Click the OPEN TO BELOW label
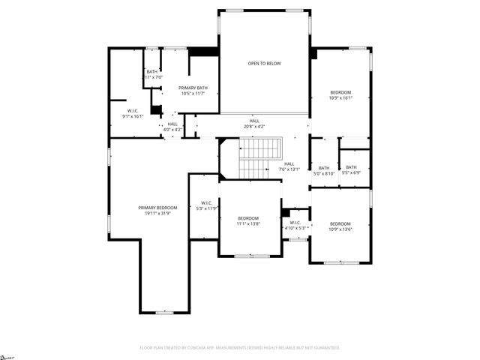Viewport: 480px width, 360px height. (264, 64)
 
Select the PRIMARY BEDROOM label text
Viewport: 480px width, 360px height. (157, 208)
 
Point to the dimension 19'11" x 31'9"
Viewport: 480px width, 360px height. (157, 214)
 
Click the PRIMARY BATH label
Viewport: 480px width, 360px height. (192, 88)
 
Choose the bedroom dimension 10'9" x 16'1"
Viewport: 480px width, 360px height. (340, 98)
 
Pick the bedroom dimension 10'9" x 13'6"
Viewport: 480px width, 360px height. (340, 229)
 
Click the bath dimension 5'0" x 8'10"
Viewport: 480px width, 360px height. (324, 173)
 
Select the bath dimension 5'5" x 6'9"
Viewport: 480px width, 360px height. (351, 172)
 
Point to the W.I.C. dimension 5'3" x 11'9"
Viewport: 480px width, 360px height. (205, 208)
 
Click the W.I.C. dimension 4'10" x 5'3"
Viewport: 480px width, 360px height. (295, 228)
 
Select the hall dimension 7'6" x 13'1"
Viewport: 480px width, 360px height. (289, 169)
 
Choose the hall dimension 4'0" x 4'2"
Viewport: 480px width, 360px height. (173, 130)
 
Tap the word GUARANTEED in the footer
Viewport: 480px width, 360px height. (323, 348)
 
